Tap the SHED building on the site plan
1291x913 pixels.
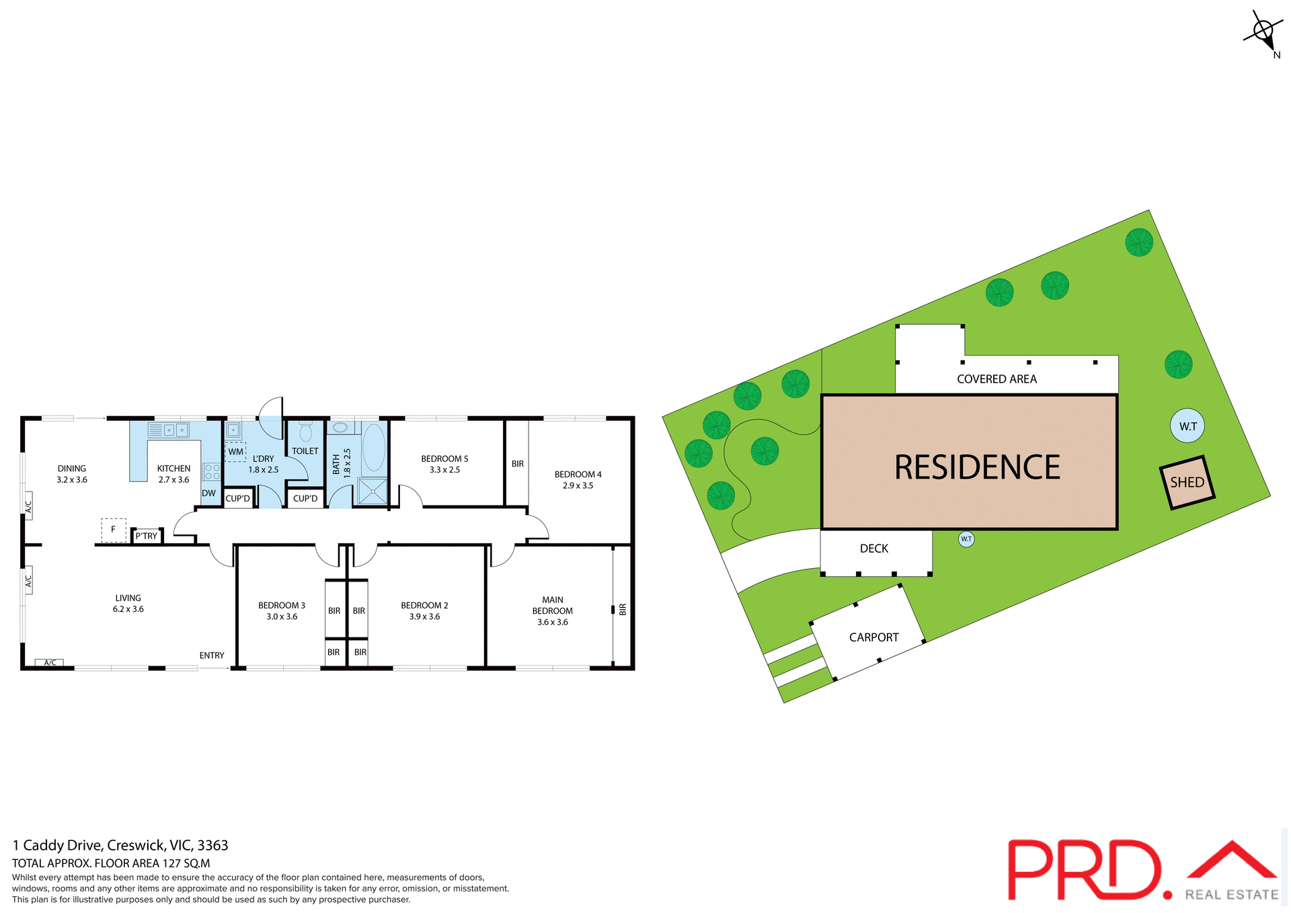tap(1187, 482)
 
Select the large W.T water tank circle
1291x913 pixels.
tap(1187, 426)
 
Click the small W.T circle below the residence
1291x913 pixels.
tap(966, 539)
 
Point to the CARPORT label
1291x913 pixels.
tap(873, 637)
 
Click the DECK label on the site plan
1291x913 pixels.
tap(874, 549)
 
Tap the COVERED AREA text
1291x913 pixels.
tap(996, 379)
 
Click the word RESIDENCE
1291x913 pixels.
tap(977, 467)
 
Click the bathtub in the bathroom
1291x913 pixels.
tap(374, 447)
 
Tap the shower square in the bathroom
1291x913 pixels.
tap(373, 491)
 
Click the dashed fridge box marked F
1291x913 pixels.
tap(114, 530)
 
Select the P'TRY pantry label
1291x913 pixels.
tap(146, 536)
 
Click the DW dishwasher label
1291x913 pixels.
tap(209, 493)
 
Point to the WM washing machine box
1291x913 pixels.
tap(235, 451)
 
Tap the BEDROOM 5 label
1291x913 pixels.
tap(444, 459)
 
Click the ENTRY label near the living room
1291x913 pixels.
tap(212, 656)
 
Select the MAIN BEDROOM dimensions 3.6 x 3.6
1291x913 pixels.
tap(553, 622)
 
